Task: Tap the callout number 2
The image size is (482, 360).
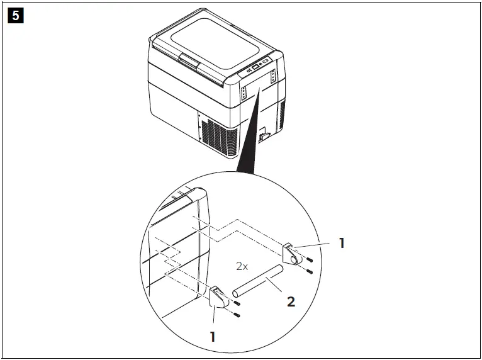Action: click(x=290, y=301)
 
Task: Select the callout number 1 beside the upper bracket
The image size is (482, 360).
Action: click(x=342, y=242)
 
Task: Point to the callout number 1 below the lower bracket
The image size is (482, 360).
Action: click(x=213, y=337)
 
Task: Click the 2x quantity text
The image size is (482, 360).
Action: click(x=242, y=266)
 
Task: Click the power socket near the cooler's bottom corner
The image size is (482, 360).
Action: click(x=265, y=135)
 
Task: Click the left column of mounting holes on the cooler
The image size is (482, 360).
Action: click(x=244, y=93)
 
